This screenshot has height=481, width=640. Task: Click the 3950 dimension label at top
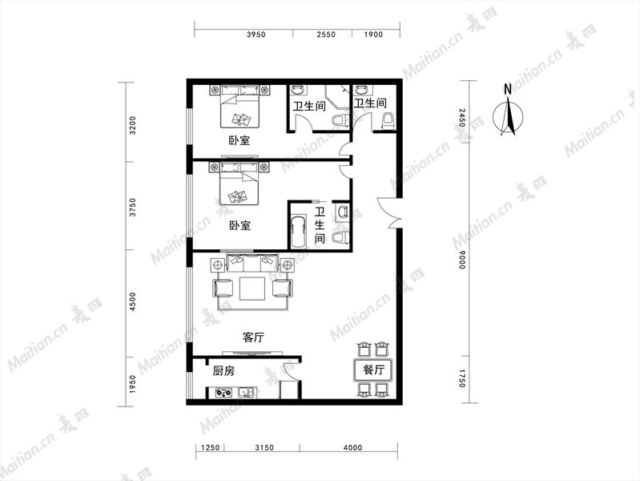256,34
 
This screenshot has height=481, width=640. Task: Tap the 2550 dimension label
326,34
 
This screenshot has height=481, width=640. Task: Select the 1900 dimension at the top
373,34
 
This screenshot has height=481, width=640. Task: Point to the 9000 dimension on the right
461,260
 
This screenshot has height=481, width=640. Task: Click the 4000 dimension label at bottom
352,447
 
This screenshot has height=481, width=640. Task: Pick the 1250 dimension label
210,447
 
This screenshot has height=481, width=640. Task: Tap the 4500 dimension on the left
132,301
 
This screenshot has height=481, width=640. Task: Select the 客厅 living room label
253,338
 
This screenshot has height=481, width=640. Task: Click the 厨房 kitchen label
223,371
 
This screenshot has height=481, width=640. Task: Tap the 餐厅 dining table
373,370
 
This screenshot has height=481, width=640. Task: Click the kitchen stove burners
223,393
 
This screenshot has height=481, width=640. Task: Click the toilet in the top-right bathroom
388,121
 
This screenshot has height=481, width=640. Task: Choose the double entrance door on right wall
390,212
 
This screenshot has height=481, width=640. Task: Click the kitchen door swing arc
291,371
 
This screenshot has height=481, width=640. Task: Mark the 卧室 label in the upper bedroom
239,140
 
